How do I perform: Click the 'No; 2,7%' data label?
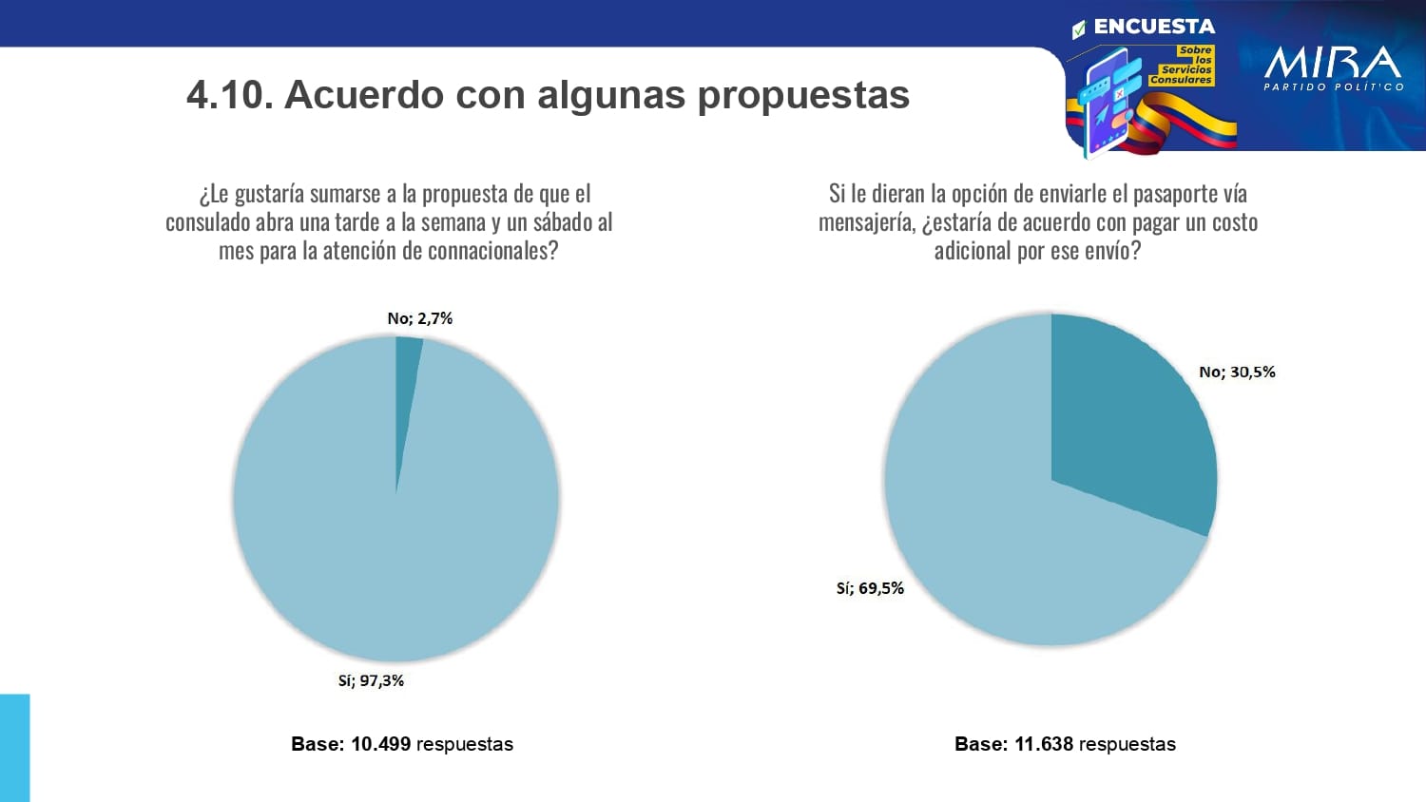[x=419, y=318]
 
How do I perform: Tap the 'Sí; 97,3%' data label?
[x=371, y=680]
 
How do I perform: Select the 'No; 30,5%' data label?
[x=1237, y=372]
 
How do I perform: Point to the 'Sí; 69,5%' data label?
[x=870, y=588]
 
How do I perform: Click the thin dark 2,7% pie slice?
[x=406, y=380]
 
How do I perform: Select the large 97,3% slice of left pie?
[x=380, y=532]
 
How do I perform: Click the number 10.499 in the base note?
[x=380, y=744]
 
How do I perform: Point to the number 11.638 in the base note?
[x=1044, y=744]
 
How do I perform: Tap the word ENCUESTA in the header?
[x=1154, y=27]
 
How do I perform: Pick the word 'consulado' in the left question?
[x=208, y=222]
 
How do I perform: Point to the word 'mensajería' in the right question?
[x=866, y=222]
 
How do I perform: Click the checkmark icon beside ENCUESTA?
[x=1079, y=29]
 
